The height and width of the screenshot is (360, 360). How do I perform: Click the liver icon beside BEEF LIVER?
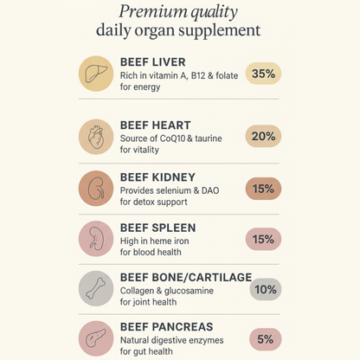click(96, 74)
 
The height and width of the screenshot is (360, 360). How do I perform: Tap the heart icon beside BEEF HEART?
click(96, 137)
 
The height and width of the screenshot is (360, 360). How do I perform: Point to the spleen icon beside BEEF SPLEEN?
click(96, 239)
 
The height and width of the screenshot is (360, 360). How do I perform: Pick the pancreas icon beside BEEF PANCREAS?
click(96, 338)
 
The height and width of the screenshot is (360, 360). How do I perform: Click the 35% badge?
click(263, 74)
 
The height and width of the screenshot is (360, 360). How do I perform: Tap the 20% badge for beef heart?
click(263, 136)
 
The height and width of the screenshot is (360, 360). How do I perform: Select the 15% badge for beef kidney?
click(263, 188)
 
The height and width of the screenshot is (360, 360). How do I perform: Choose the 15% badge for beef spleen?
click(263, 238)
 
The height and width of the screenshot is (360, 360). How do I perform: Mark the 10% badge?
click(265, 289)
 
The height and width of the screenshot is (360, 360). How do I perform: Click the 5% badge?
click(264, 338)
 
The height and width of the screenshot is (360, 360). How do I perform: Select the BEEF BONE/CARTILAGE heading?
click(186, 277)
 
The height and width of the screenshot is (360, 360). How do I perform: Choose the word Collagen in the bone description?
click(140, 291)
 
